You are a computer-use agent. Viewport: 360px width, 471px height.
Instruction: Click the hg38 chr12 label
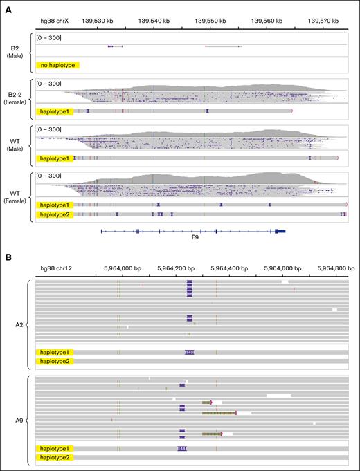click(55, 270)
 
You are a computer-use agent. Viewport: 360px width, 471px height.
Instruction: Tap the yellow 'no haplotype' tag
click(57, 65)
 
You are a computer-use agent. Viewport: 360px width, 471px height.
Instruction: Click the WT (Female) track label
click(14, 198)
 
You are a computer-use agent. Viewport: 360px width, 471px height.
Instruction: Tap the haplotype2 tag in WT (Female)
click(53, 215)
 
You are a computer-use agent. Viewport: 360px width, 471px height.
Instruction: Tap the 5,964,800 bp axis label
click(331, 270)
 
